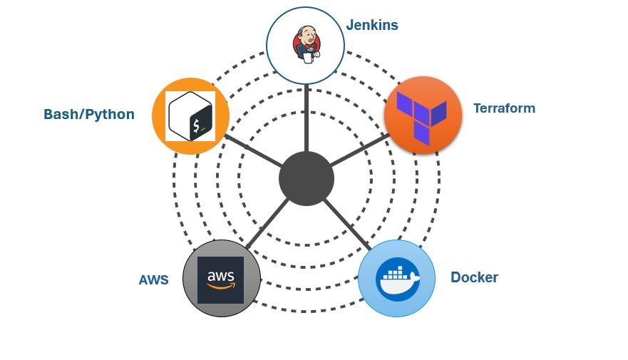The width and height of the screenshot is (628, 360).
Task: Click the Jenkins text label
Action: [x=372, y=25]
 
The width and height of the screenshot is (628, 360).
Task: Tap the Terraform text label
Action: [x=504, y=108]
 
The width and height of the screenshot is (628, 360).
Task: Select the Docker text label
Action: [x=474, y=277]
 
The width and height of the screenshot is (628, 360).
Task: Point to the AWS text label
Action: [x=153, y=280]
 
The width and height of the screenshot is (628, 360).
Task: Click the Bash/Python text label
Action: [x=89, y=114]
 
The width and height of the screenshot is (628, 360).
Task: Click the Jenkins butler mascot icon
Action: [x=306, y=44]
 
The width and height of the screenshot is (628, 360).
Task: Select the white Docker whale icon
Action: [x=396, y=281]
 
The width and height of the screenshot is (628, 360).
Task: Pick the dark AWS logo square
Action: [x=220, y=279]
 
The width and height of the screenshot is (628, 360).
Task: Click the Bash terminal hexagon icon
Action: [x=190, y=116]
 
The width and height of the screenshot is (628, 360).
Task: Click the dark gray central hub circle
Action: [x=307, y=178]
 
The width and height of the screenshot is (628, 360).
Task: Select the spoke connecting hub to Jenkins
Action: [x=307, y=118]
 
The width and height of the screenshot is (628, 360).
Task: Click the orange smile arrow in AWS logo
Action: [x=220, y=287]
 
